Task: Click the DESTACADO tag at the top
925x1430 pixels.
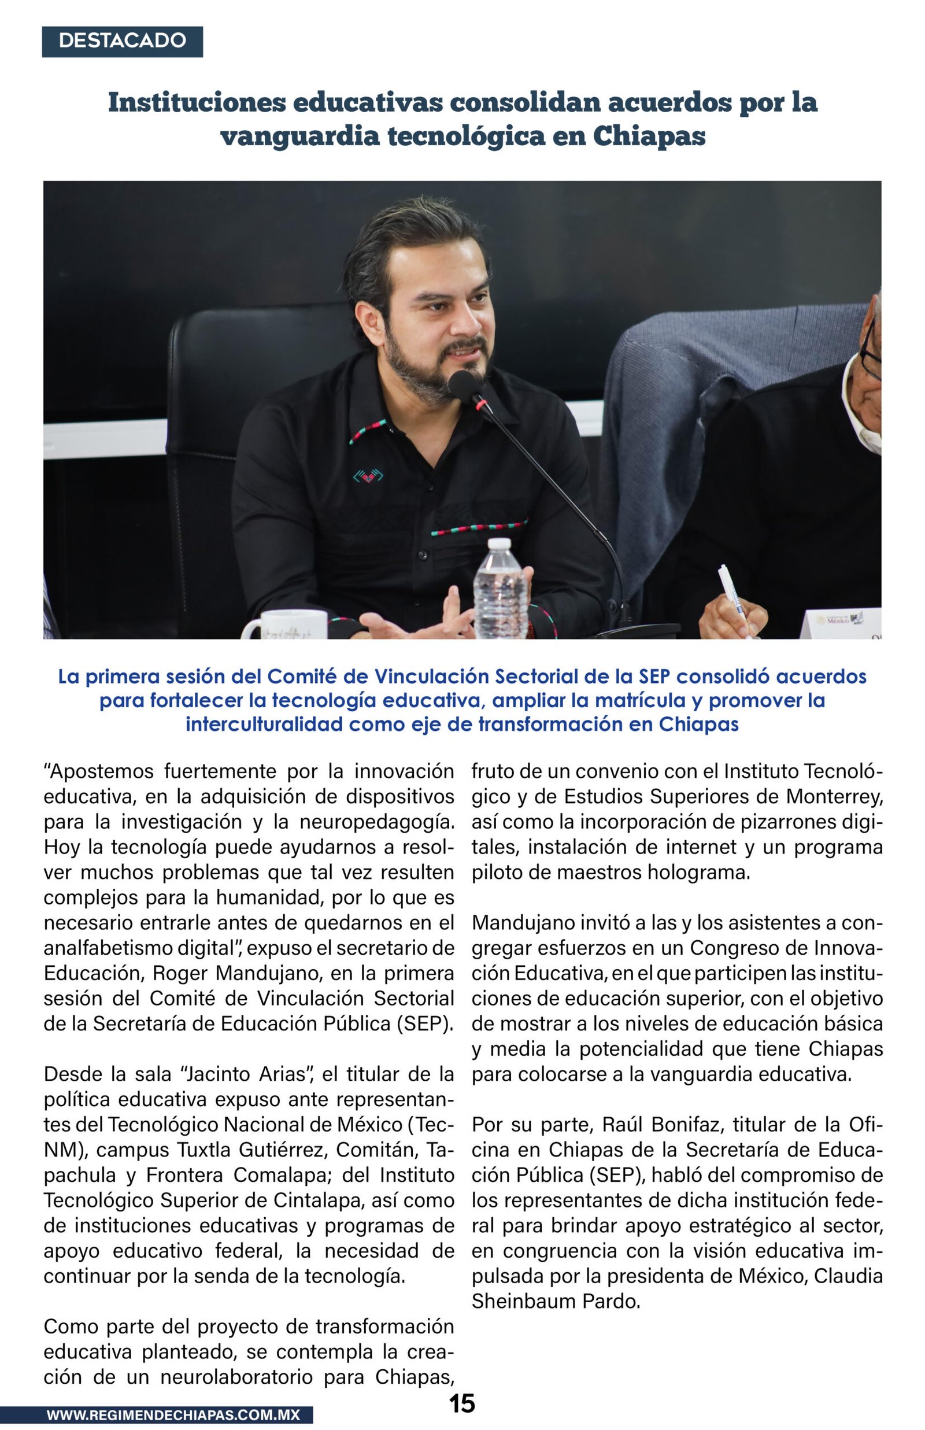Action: (x=122, y=41)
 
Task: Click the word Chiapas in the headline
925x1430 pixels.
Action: (x=649, y=136)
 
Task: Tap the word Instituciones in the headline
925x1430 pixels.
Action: (x=197, y=102)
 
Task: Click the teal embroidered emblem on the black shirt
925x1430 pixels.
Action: (x=368, y=476)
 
